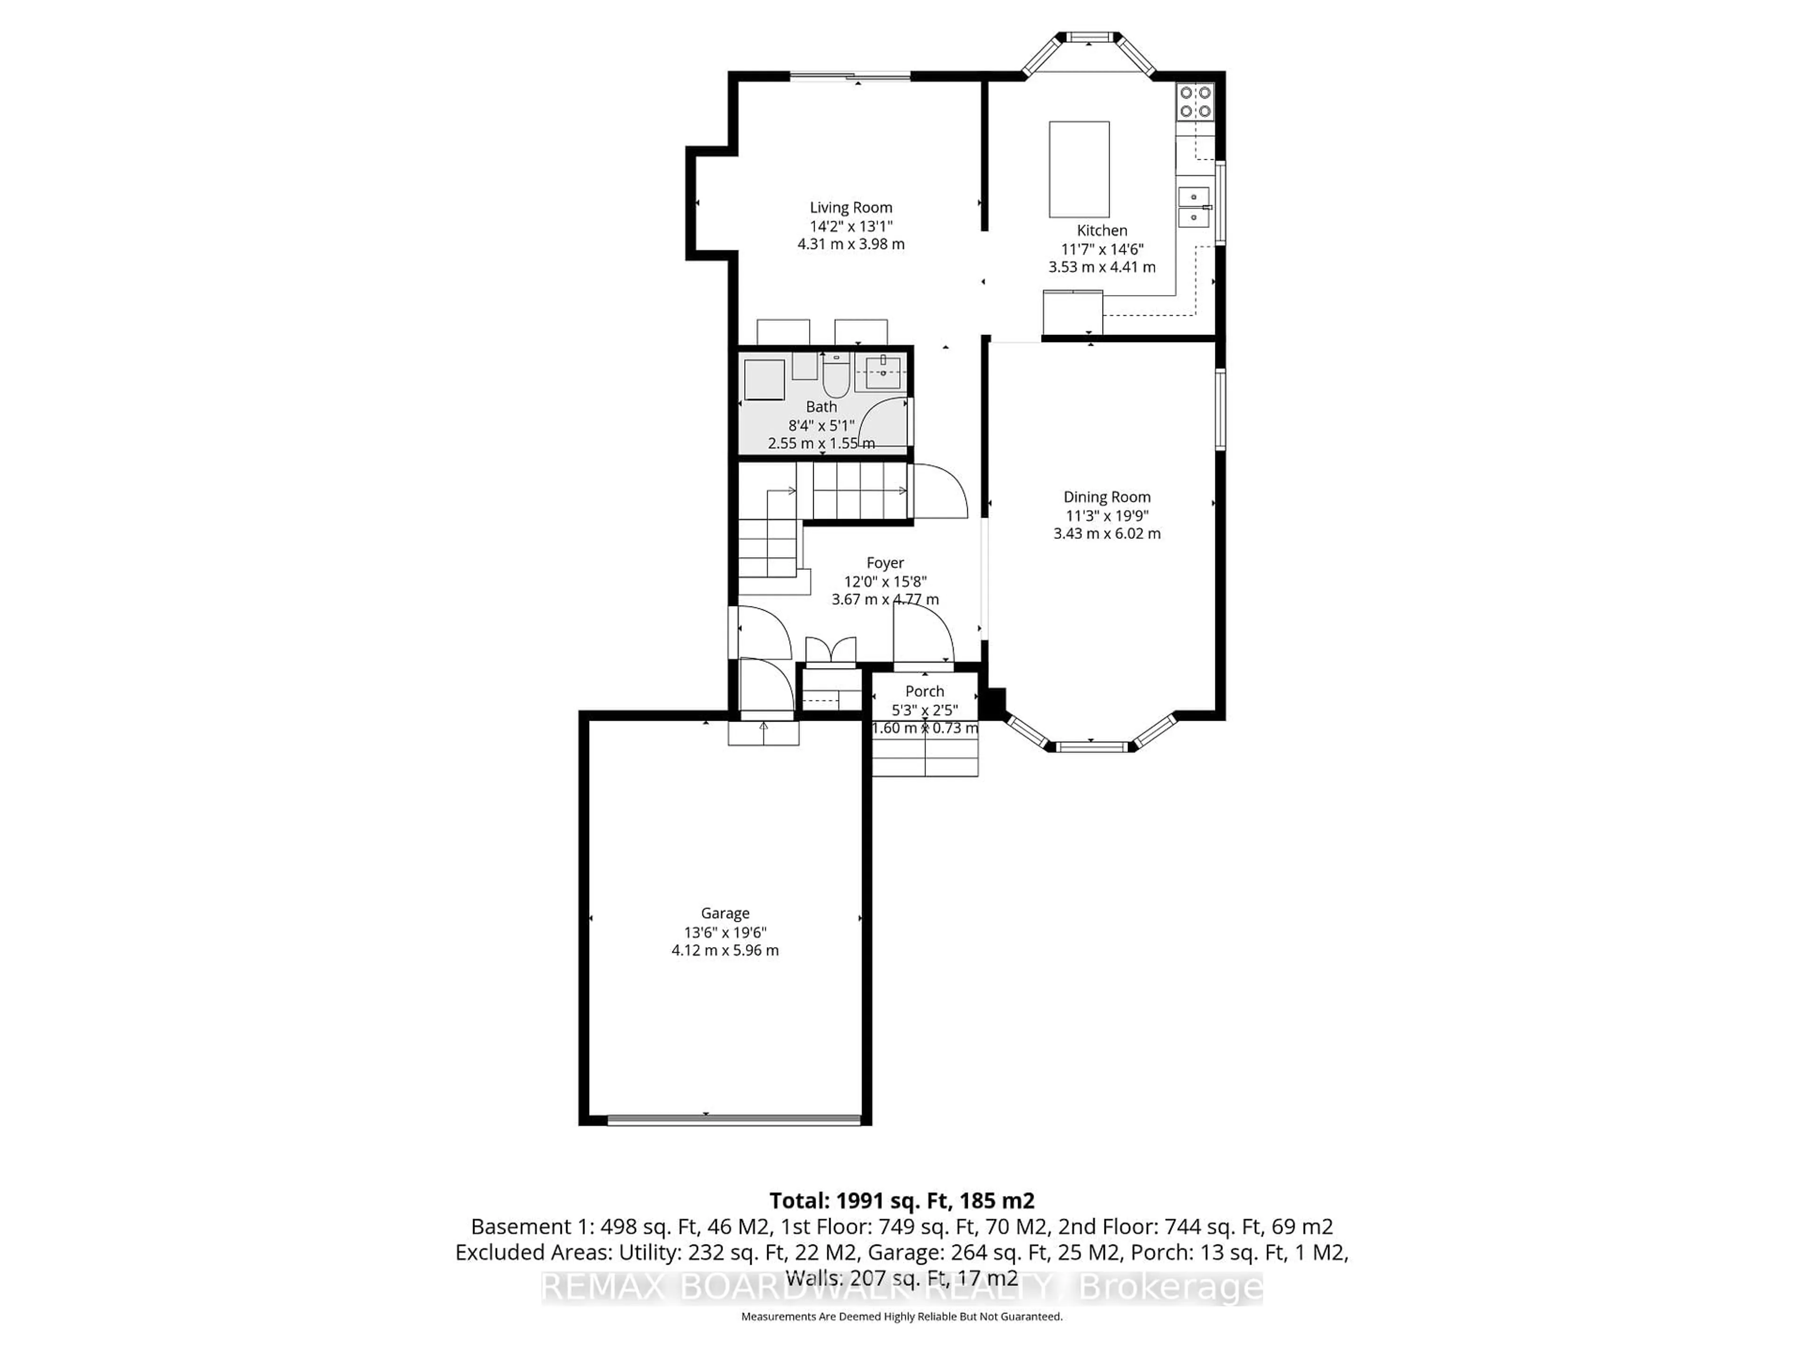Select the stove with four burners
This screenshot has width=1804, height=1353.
click(1195, 102)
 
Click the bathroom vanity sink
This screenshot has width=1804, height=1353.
click(883, 373)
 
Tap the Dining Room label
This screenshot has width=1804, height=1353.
click(1107, 497)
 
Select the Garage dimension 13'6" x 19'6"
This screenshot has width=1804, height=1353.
click(725, 932)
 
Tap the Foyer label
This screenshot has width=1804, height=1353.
click(885, 563)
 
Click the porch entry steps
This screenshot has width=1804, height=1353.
click(925, 755)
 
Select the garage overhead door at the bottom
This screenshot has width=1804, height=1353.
click(734, 1120)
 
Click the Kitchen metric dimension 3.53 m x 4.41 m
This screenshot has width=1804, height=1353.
click(1102, 267)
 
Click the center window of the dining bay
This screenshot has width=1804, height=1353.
click(1092, 746)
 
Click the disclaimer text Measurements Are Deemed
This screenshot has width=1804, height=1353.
click(901, 1316)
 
